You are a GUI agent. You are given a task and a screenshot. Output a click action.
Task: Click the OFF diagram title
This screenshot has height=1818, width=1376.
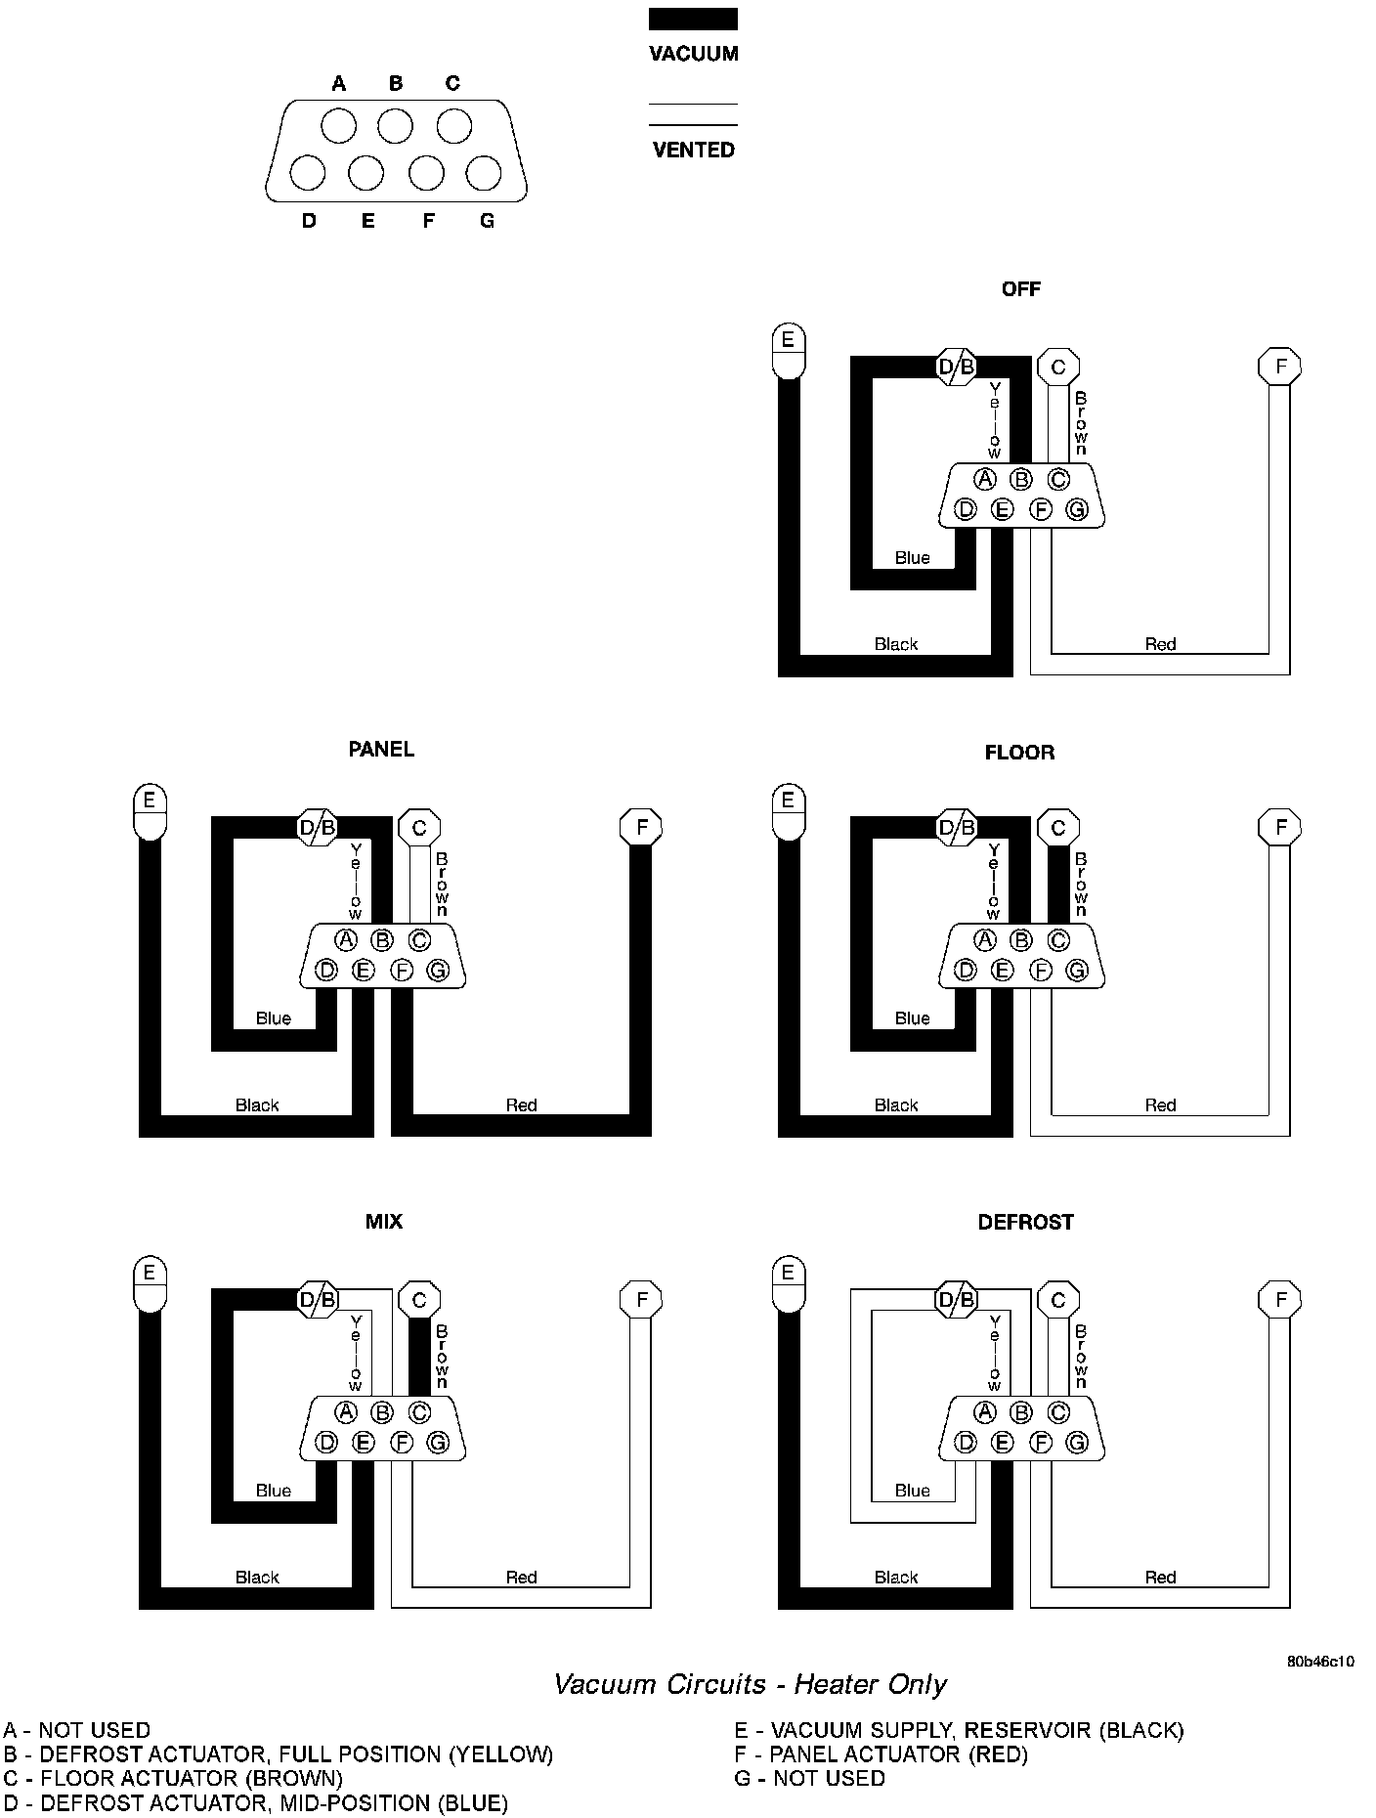coord(1020,289)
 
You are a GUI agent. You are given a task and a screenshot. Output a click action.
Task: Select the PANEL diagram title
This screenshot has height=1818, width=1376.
coord(381,750)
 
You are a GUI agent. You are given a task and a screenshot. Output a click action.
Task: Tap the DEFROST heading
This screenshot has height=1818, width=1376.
coord(1025,1223)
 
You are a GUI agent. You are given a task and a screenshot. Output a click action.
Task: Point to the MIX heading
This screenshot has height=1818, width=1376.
coord(383,1222)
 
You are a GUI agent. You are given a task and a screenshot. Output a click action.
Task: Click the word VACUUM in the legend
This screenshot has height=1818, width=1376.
coord(693,55)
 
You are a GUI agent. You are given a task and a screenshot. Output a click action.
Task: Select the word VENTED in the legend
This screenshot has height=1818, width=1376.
coord(693,151)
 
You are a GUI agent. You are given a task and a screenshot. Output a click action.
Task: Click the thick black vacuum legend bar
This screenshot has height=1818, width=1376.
coord(693,20)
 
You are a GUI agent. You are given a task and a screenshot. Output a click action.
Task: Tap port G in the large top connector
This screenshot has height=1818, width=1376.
coord(483,174)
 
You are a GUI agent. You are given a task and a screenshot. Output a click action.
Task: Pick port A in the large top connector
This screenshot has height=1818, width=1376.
coord(339,127)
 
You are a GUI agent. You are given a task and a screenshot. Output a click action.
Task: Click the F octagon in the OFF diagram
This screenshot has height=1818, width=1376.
coord(1279,368)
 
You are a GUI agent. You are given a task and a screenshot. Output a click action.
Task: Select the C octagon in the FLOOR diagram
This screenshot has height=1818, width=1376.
coord(1057,829)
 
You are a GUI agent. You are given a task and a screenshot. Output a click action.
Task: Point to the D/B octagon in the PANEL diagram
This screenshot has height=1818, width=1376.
coord(317,829)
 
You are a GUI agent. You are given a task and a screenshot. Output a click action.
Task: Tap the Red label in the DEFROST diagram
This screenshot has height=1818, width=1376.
coord(1160,1578)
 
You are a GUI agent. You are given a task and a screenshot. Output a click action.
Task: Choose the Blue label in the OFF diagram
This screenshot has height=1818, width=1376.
coord(912,558)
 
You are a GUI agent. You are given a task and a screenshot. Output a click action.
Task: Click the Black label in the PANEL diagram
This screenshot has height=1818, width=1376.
coord(257,1105)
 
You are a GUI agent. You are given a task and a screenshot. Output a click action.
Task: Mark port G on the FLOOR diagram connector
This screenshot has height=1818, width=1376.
coord(1077,971)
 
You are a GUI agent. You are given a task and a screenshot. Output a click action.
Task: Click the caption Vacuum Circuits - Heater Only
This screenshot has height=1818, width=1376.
coord(750,1684)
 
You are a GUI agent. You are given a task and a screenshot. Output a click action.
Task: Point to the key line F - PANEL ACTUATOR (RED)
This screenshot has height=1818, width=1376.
coord(881,1754)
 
